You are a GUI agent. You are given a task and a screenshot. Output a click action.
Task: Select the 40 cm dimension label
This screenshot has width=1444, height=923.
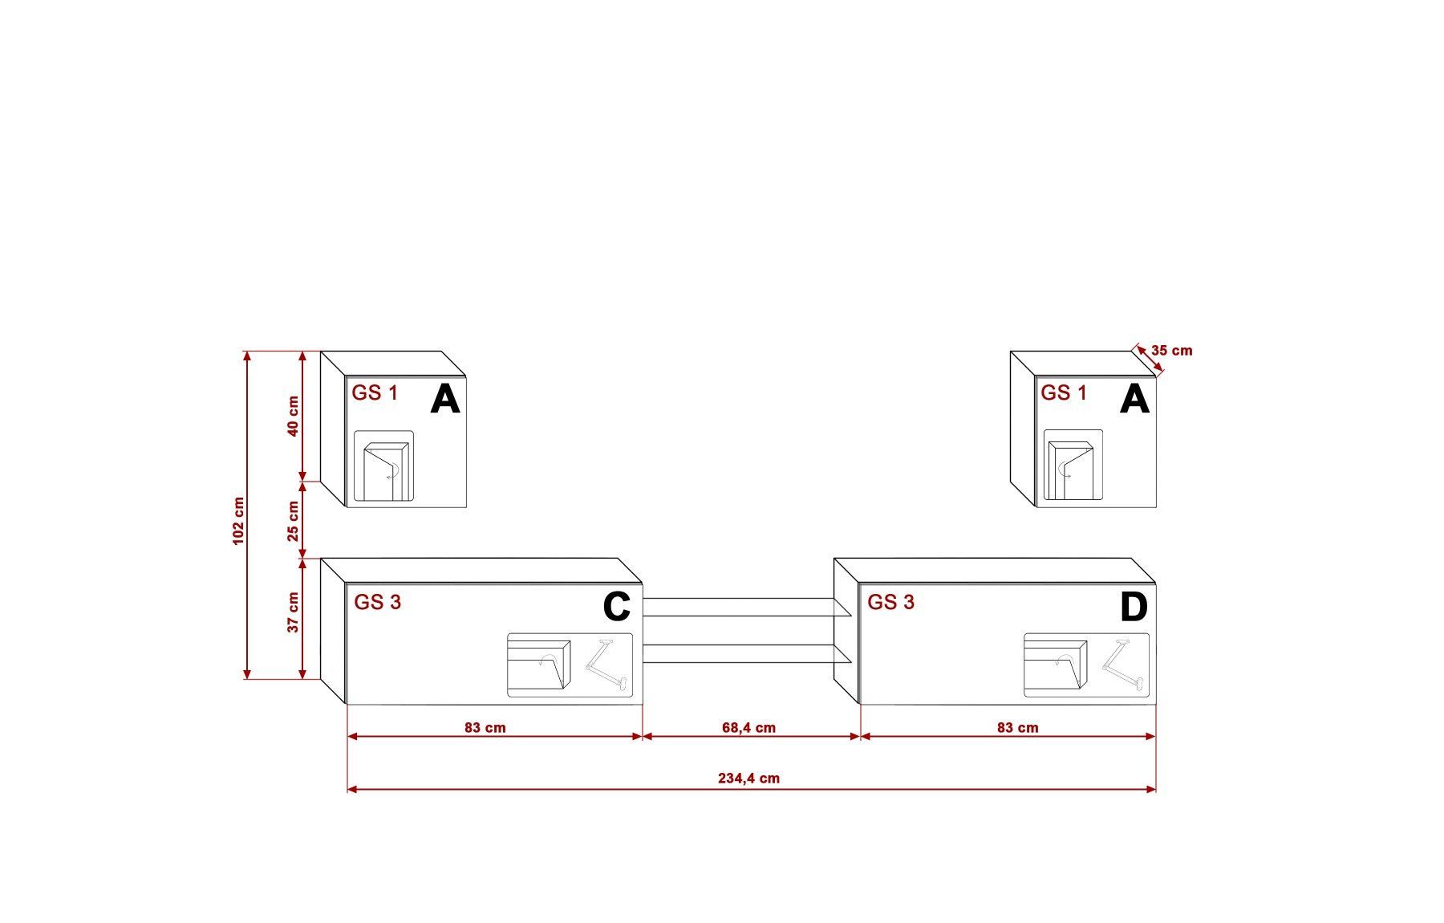coord(293,416)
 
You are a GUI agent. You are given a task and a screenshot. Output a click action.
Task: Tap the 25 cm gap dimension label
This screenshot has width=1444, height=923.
coord(293,521)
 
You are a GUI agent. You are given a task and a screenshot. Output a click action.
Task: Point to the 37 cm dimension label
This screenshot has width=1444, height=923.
coord(293,612)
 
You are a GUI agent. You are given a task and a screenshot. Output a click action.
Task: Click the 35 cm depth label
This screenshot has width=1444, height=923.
coord(1171,351)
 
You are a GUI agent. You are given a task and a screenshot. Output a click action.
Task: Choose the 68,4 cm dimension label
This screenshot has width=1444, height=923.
coord(748,728)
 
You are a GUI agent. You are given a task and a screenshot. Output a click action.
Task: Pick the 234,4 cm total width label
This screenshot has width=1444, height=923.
coord(748,778)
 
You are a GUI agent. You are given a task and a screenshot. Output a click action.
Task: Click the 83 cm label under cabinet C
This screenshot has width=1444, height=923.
coord(485,728)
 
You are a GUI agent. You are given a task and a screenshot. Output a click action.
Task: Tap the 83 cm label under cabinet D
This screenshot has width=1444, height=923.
coord(1017,728)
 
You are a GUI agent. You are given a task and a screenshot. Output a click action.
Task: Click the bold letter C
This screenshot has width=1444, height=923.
coord(616,608)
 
